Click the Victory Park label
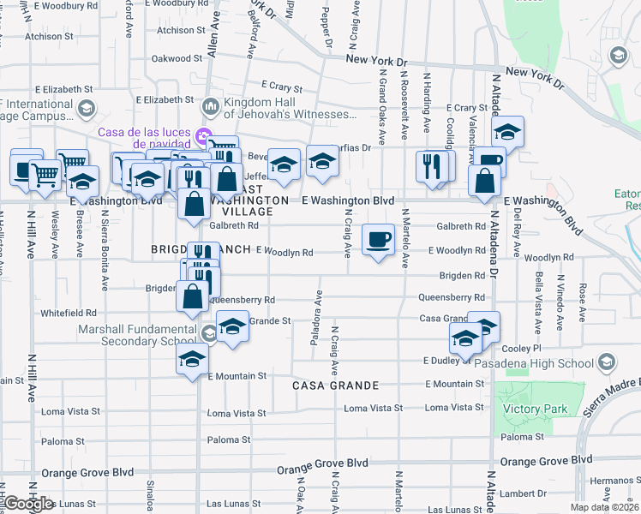pyautogui.click(x=539, y=409)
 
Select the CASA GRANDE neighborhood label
pyautogui.click(x=336, y=385)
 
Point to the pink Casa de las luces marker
pyautogui.click(x=204, y=134)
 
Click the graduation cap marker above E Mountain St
pyautogui.click(x=193, y=359)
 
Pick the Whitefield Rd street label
pyautogui.click(x=68, y=314)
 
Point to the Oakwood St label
pyautogui.click(x=177, y=59)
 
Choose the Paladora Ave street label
pyautogui.click(x=315, y=320)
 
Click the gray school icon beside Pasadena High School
pyautogui.click(x=607, y=361)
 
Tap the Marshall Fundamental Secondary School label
pyautogui.click(x=137, y=335)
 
